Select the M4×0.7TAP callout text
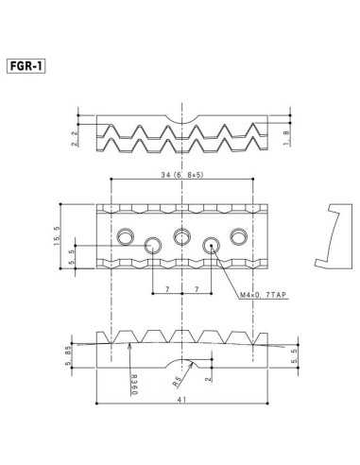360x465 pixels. pos(264,296)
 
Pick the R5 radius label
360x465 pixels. pos(178,383)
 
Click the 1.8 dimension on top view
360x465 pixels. pos(285,140)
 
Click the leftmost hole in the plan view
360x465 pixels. pos(124,233)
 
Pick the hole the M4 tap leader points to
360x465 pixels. pos(213,246)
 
